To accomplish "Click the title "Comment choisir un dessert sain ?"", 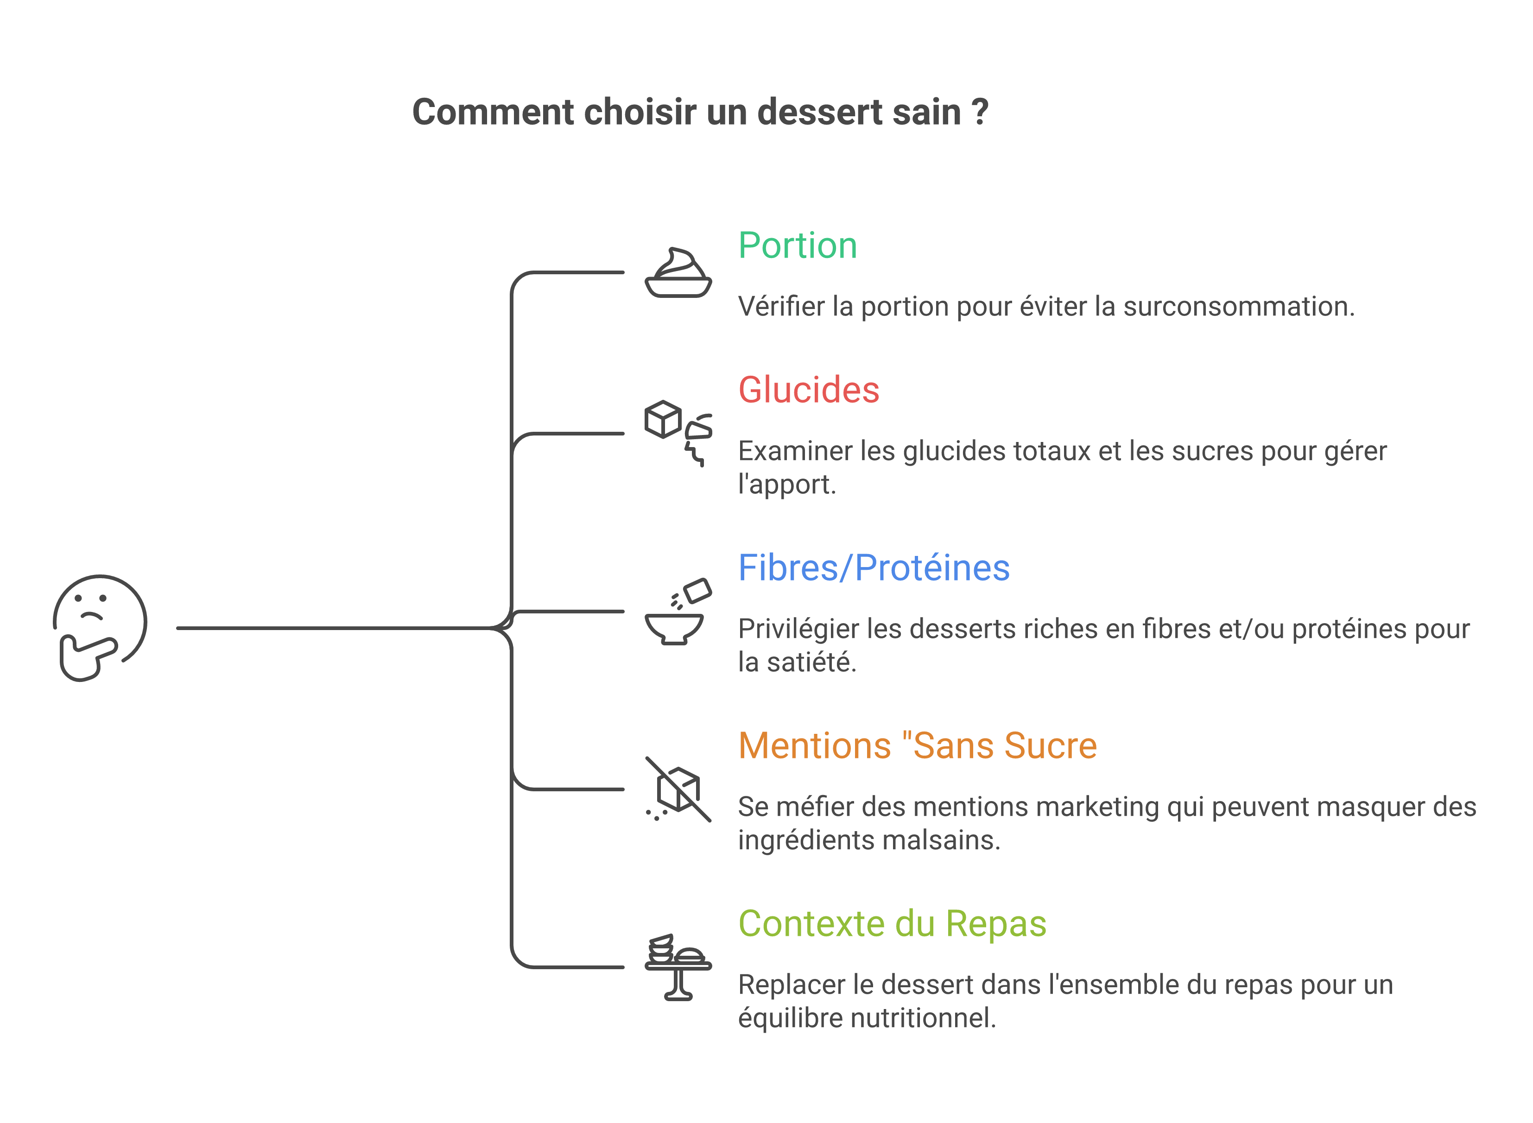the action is pyautogui.click(x=700, y=112).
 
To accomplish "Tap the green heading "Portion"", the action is pyautogui.click(x=798, y=246).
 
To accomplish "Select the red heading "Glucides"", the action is pyautogui.click(x=809, y=390).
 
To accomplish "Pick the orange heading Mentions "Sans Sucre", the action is pyautogui.click(x=918, y=746).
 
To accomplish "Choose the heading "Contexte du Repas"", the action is pyautogui.click(x=892, y=924).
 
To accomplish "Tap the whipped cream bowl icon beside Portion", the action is pyautogui.click(x=678, y=272).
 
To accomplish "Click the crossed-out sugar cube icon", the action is pyautogui.click(x=678, y=789).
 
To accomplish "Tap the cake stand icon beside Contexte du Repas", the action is pyautogui.click(x=678, y=967).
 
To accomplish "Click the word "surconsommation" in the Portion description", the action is pyautogui.click(x=1239, y=307).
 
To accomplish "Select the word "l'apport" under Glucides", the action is pyautogui.click(x=786, y=485).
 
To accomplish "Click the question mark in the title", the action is pyautogui.click(x=980, y=112).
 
